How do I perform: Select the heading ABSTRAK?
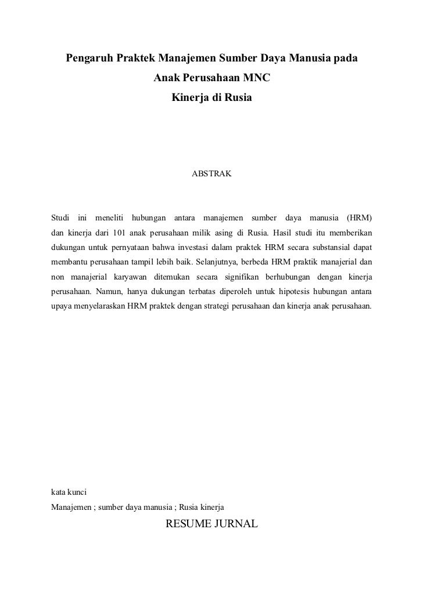click(x=212, y=173)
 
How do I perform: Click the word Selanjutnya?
click(x=212, y=262)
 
